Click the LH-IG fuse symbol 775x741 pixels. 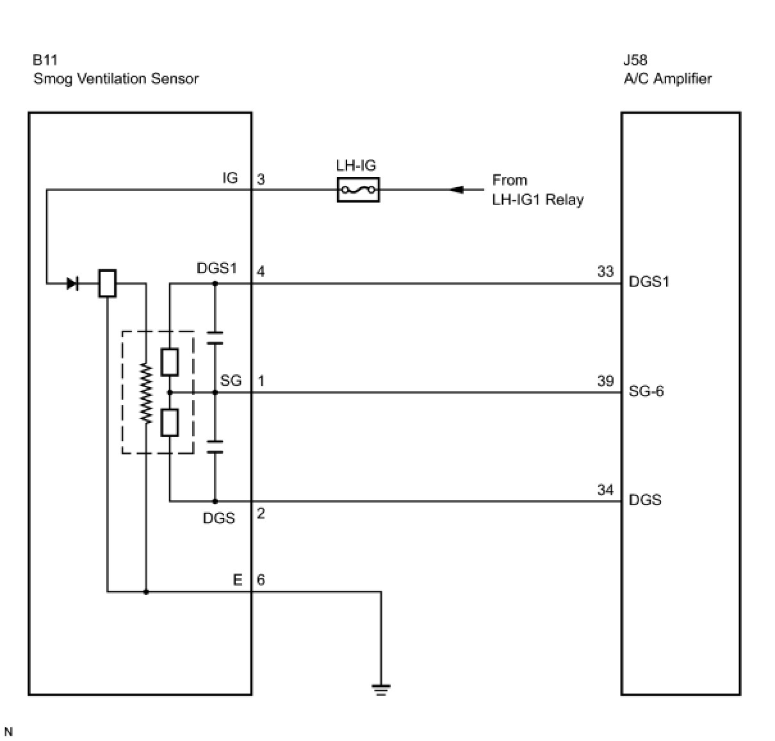(357, 190)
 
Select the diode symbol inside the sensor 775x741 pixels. (72, 283)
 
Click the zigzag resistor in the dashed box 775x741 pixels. (146, 393)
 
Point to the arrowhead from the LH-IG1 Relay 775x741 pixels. (456, 190)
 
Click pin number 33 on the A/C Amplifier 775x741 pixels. (605, 271)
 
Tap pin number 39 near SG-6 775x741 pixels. (605, 381)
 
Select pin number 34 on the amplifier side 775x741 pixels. (605, 490)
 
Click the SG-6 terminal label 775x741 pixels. (646, 391)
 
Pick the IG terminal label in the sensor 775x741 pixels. (230, 178)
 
